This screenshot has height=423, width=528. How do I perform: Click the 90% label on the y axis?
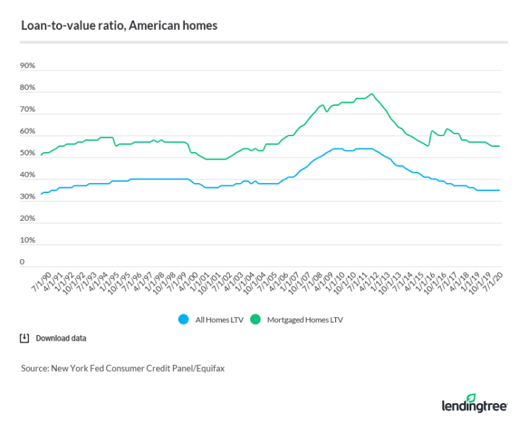tap(28, 66)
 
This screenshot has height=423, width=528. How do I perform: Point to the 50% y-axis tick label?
tap(28, 153)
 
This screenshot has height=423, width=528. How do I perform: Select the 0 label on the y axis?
tap(22, 262)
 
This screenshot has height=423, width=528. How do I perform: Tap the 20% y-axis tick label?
tap(28, 219)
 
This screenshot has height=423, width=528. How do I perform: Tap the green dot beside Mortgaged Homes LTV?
tap(259, 319)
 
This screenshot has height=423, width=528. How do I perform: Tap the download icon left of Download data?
tap(25, 339)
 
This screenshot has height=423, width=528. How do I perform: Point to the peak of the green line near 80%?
tap(372, 94)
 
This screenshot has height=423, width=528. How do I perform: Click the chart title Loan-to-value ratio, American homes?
tap(119, 26)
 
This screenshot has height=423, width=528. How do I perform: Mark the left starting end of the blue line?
tap(41, 194)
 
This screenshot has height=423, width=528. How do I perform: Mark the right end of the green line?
tap(500, 146)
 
